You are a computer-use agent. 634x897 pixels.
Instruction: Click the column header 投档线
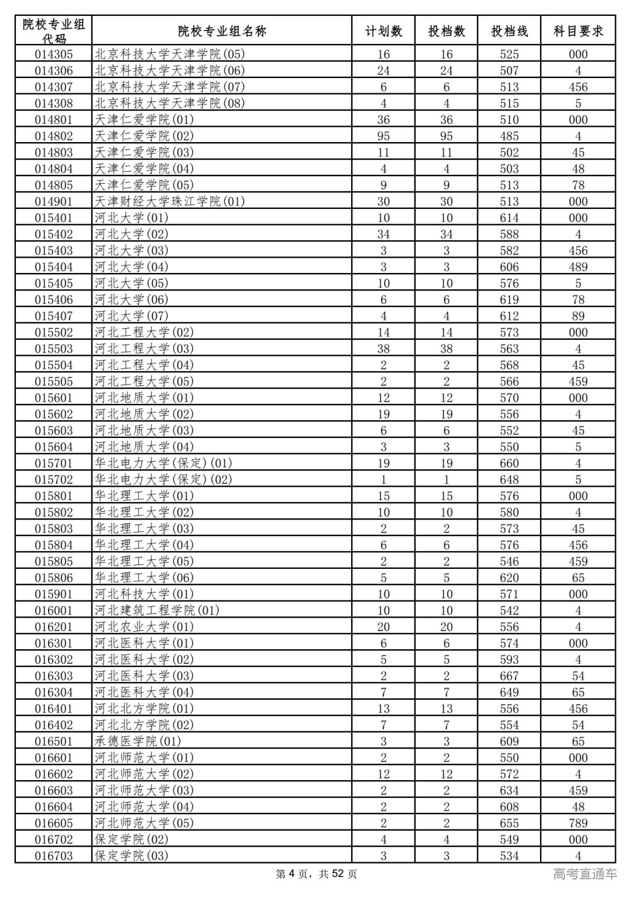509,31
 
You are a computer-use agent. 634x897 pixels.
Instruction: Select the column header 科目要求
578,31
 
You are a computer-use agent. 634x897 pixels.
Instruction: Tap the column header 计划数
383,31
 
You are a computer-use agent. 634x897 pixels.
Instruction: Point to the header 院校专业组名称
222,31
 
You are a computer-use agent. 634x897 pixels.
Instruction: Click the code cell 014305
53,55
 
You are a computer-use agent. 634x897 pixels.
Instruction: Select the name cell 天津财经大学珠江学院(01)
170,201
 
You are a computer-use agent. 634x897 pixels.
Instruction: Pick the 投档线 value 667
509,676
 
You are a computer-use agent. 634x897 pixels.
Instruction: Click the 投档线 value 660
509,463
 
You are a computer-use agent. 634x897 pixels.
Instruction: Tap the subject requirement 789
578,823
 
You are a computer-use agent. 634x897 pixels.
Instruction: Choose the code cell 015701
53,463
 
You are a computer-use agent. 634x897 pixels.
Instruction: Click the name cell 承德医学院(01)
138,741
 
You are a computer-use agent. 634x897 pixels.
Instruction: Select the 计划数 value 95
383,136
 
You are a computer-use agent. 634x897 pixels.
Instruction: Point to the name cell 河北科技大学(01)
144,594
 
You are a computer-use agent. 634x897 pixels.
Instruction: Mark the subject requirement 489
578,267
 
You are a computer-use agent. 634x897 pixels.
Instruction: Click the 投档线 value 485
509,136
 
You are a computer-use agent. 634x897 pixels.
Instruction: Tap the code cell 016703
53,856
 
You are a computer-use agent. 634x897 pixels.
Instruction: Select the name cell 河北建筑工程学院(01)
157,611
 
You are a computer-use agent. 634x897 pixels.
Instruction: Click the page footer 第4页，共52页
316,874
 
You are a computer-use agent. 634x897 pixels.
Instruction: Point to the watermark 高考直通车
585,874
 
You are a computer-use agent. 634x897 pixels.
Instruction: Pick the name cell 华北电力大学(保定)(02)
163,480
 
